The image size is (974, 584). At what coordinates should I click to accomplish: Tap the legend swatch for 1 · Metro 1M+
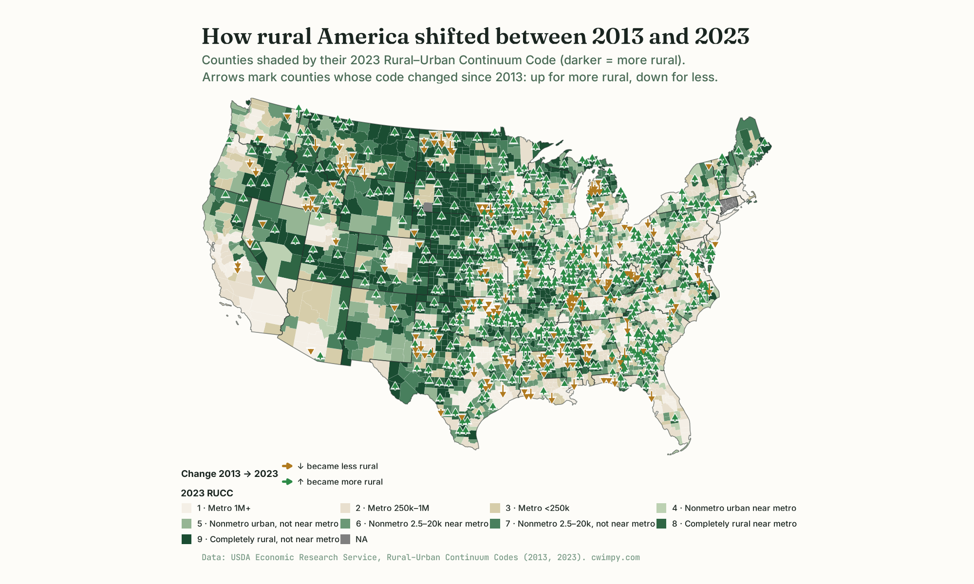[187, 508]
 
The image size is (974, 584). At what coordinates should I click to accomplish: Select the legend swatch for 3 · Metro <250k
[495, 508]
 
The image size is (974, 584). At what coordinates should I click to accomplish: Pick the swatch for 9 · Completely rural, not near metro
[187, 539]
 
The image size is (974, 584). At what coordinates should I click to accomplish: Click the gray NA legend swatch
[345, 539]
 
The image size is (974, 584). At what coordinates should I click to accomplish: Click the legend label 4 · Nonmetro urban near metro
[734, 508]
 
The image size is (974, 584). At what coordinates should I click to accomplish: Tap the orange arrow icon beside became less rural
[287, 466]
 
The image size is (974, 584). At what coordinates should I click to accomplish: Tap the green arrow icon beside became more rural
[287, 482]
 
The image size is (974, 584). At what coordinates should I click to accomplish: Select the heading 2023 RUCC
[207, 493]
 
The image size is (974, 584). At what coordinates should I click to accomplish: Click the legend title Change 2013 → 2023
[229, 474]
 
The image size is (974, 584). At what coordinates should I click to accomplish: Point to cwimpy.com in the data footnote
[615, 557]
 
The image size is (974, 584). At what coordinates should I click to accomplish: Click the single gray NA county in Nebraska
[428, 207]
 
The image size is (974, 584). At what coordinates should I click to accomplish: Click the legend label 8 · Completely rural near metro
[734, 524]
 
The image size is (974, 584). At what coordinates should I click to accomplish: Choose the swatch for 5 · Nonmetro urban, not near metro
[187, 524]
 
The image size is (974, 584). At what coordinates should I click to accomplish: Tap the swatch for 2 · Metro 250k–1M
[345, 508]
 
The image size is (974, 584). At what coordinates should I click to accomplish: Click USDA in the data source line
[240, 557]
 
